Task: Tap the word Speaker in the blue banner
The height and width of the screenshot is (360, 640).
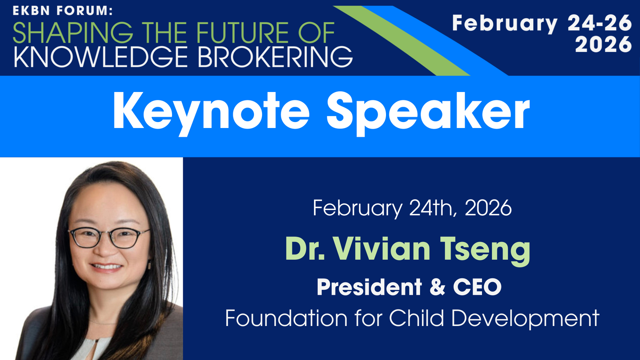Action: (428, 113)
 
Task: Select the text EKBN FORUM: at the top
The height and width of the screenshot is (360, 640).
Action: (62, 11)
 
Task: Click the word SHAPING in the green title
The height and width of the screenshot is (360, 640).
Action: (73, 32)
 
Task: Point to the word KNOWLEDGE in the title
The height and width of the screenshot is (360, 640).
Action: (100, 57)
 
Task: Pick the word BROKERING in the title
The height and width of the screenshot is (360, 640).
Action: (276, 57)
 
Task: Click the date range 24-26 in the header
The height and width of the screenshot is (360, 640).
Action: (600, 23)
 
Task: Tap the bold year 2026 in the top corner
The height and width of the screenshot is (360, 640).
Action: (603, 44)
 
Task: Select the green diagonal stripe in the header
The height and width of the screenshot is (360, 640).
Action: (402, 40)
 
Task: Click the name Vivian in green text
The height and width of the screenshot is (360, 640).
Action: (382, 248)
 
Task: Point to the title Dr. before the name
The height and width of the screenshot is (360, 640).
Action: (305, 248)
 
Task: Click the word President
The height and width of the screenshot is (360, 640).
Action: (369, 287)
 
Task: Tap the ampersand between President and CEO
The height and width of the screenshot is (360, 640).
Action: (438, 287)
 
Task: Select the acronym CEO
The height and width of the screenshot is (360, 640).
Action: (477, 287)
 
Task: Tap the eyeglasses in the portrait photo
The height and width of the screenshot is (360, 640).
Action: (110, 237)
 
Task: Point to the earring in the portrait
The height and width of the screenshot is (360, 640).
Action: (149, 266)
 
